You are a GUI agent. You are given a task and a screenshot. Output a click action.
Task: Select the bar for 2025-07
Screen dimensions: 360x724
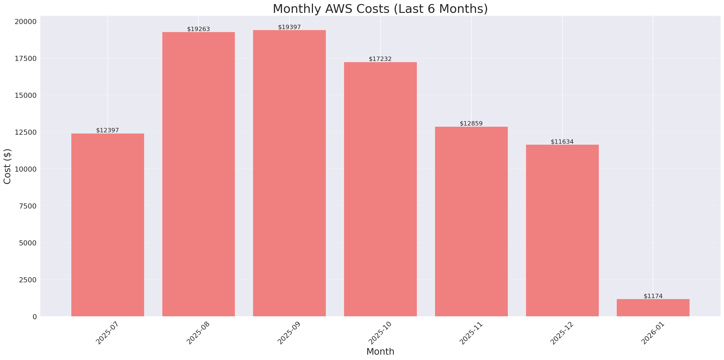pos(108,225)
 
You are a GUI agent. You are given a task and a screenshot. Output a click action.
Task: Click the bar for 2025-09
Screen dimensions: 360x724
pos(289,173)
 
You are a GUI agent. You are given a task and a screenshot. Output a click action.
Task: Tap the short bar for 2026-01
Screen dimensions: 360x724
pos(653,308)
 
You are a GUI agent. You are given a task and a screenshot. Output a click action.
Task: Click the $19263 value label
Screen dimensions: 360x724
pos(198,29)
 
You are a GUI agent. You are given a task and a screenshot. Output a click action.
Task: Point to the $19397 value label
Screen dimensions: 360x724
pos(289,27)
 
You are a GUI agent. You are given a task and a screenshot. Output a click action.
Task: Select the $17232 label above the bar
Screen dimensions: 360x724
pos(380,59)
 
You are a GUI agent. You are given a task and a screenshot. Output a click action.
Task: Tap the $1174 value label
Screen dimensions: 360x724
pos(653,296)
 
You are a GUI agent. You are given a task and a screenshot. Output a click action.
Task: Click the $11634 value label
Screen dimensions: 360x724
pos(562,142)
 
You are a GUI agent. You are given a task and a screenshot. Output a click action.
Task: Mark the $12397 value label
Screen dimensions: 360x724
pos(107,130)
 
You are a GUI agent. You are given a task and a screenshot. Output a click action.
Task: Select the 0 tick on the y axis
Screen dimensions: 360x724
pos(34,317)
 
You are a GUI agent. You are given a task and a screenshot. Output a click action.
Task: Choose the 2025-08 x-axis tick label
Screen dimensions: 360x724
pos(198,333)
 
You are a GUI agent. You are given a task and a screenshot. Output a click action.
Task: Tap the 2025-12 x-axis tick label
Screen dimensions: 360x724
pos(561,333)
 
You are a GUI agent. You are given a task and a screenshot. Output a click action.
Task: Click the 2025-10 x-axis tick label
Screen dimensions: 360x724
pos(380,333)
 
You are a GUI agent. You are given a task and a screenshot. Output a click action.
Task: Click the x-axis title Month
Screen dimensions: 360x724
pos(380,352)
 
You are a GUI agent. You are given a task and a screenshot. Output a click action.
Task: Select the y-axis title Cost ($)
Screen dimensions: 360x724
pos(7,167)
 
